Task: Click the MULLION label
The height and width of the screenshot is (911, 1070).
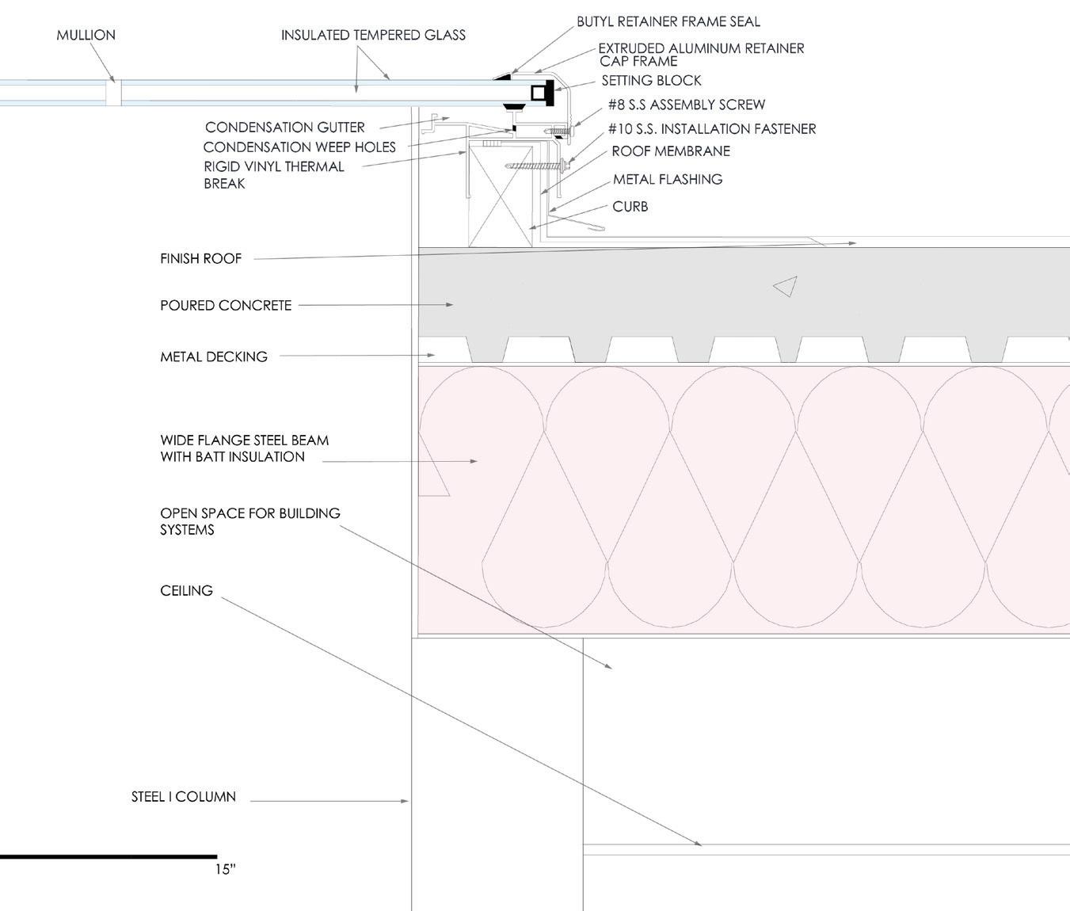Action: (86, 35)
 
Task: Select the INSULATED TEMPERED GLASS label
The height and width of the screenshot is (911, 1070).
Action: (373, 35)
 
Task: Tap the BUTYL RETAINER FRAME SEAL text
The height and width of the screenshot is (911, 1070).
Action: (668, 21)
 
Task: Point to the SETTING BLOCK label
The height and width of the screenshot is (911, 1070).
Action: (651, 80)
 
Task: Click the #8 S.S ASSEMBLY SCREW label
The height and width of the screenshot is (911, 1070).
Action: (687, 105)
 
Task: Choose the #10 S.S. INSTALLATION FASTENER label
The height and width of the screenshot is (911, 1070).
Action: (712, 128)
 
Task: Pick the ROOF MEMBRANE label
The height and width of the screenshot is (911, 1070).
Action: (671, 151)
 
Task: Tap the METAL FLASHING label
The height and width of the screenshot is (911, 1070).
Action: (668, 179)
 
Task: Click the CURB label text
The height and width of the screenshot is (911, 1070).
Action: (630, 206)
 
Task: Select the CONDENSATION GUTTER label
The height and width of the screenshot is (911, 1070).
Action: (285, 127)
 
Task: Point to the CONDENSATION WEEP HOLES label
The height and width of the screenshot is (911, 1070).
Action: (299, 147)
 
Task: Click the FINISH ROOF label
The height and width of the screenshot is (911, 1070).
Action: (200, 258)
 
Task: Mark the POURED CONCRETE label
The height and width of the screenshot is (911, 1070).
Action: (226, 305)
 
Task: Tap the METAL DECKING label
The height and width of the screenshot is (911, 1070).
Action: (214, 356)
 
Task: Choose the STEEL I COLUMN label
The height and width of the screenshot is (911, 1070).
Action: (184, 797)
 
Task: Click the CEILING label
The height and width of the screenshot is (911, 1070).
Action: (186, 590)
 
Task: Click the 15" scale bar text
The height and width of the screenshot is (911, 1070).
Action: (225, 869)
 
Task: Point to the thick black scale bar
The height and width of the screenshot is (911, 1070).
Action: (109, 856)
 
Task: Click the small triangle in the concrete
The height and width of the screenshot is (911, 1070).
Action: (786, 287)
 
